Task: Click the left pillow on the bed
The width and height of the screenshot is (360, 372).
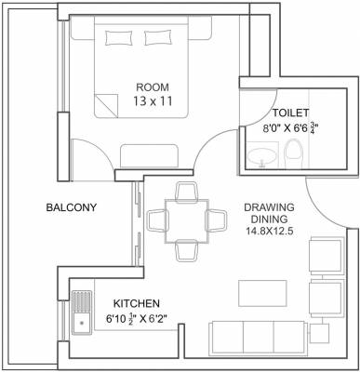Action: (119, 36)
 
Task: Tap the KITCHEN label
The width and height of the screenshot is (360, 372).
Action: (137, 304)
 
